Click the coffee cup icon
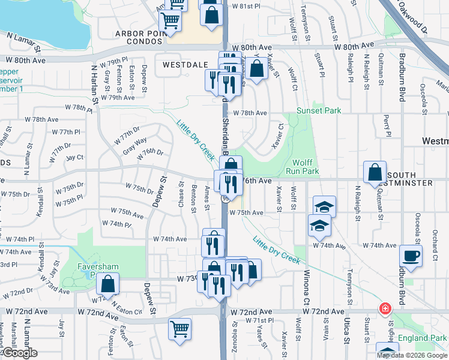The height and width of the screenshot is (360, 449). pos(411,255)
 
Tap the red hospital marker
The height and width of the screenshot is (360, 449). pos(384,309)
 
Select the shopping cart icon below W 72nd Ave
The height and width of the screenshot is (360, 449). pos(180,330)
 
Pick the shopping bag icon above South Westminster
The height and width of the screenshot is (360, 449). pos(375,172)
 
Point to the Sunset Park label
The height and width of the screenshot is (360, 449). pos(318,111)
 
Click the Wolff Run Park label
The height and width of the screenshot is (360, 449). pos(306,167)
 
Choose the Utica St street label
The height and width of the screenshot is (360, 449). pos(346,332)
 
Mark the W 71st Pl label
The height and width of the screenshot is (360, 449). pos(260,321)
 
